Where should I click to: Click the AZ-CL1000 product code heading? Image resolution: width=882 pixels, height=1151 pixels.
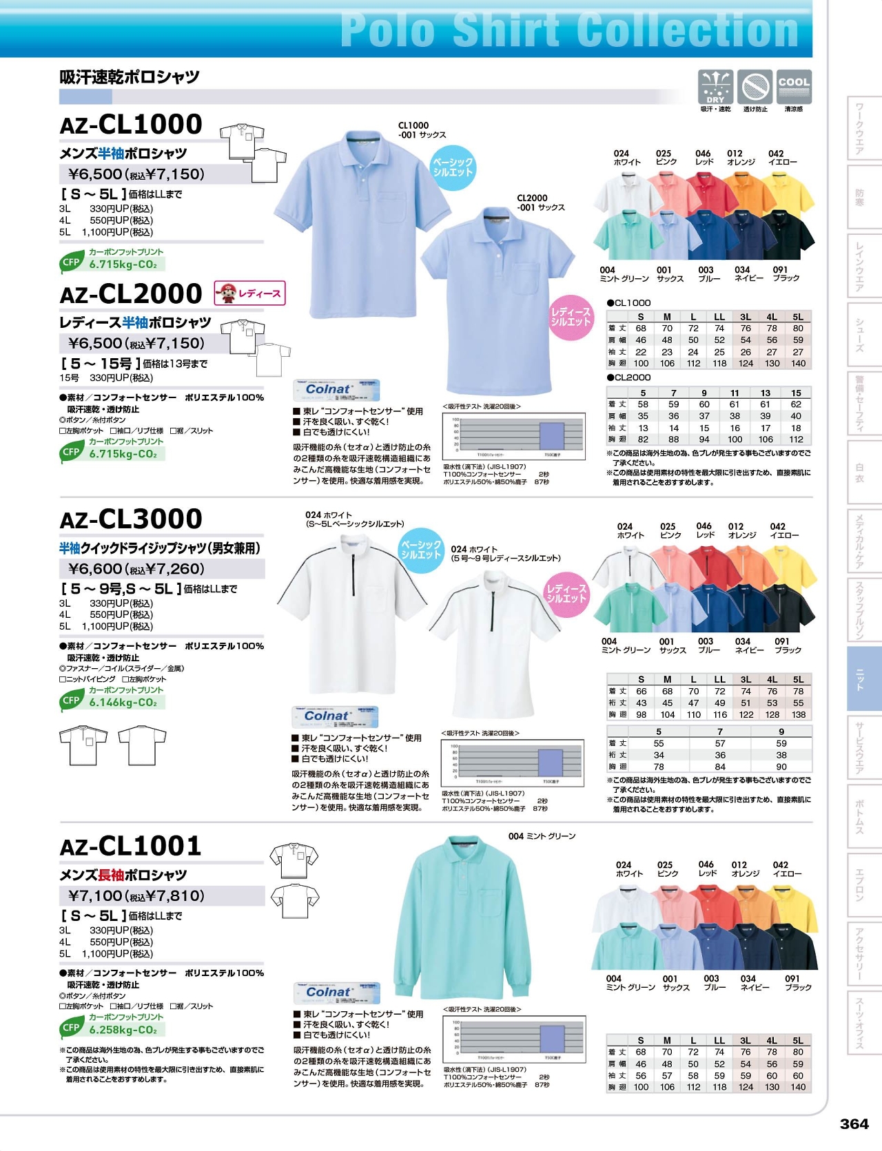(x=131, y=125)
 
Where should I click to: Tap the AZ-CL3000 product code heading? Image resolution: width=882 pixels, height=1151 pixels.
(x=131, y=519)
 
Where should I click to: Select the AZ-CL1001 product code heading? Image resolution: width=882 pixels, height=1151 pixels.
(x=131, y=846)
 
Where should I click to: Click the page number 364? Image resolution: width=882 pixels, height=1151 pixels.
(x=854, y=1123)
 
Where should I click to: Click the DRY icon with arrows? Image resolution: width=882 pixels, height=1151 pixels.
(x=715, y=87)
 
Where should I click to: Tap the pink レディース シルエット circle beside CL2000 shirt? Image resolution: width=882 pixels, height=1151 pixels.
(x=571, y=317)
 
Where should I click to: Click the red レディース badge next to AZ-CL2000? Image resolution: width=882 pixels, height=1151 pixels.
(x=249, y=293)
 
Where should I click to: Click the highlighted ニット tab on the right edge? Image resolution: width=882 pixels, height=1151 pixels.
(x=863, y=678)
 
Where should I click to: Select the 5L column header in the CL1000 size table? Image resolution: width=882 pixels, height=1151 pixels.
(x=798, y=317)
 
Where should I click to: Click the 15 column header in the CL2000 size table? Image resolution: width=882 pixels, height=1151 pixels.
(x=796, y=393)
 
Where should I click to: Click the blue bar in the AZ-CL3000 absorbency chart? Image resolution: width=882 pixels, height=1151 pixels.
(x=549, y=763)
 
